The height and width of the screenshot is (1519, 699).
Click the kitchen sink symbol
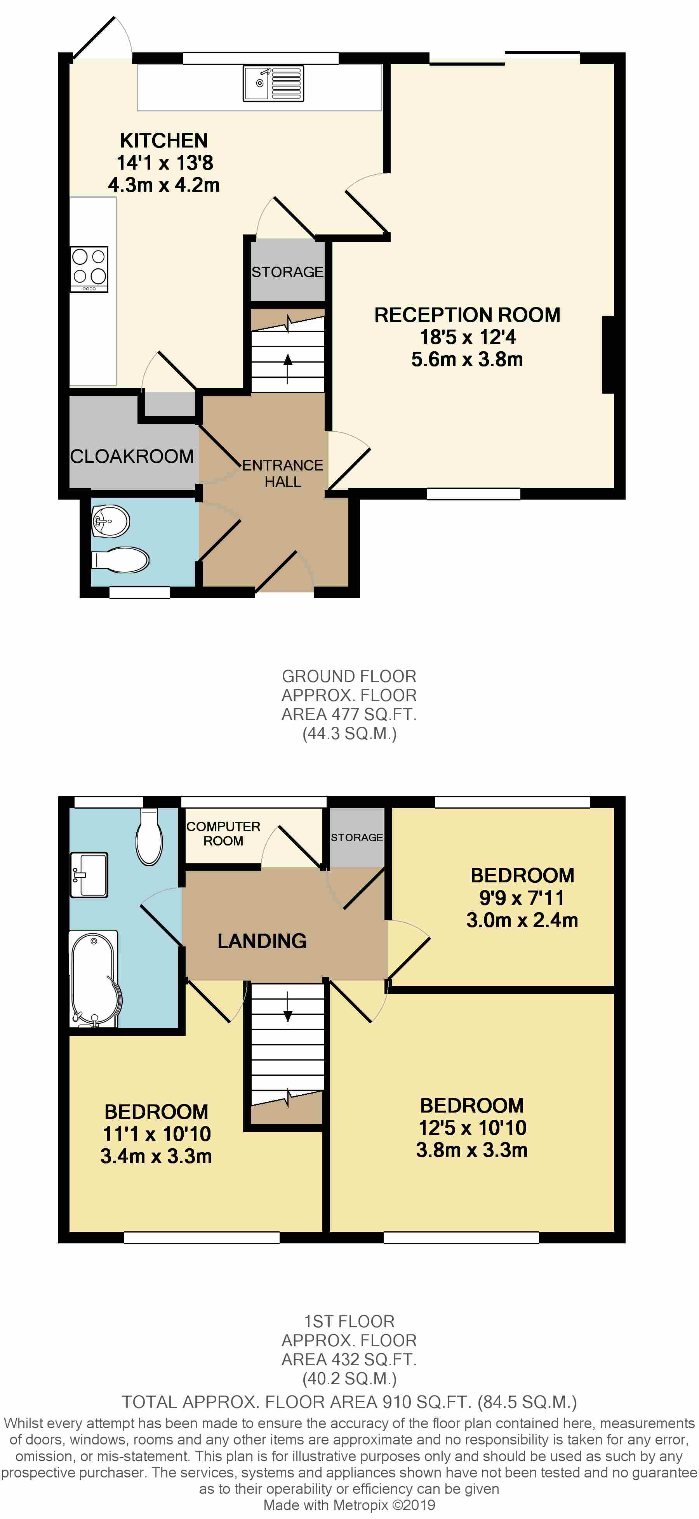(x=273, y=83)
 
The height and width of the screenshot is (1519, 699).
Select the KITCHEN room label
(x=164, y=141)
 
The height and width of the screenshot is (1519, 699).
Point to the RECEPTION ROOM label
(x=467, y=315)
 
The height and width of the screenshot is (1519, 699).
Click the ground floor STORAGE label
(x=287, y=272)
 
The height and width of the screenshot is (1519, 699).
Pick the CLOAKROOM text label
(x=132, y=457)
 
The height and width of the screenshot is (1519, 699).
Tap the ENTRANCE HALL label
(x=283, y=474)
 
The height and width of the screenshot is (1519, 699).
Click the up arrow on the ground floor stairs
(x=288, y=368)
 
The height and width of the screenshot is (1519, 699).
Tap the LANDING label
(x=262, y=941)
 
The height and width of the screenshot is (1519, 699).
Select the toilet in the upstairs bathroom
(x=149, y=837)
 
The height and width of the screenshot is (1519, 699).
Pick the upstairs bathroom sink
(x=89, y=875)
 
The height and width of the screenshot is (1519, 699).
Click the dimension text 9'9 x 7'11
(x=522, y=898)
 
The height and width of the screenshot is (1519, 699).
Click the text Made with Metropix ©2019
(x=349, y=1505)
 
